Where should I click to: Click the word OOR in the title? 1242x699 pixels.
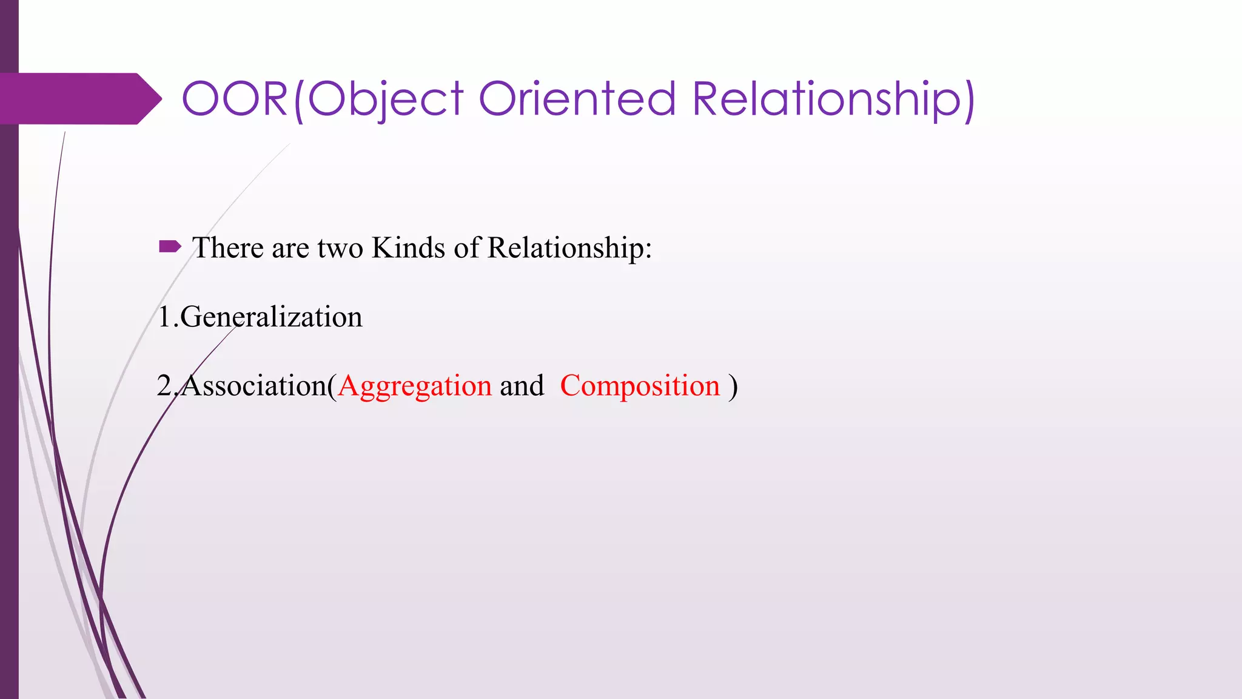pyautogui.click(x=235, y=99)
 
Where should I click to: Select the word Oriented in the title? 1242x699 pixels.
pyautogui.click(x=577, y=99)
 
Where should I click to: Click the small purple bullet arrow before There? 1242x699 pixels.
pyautogui.click(x=170, y=246)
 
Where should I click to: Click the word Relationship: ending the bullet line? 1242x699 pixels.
pyautogui.click(x=569, y=248)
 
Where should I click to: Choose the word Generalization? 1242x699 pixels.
pyautogui.click(x=271, y=317)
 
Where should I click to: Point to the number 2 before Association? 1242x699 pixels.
pyautogui.click(x=164, y=386)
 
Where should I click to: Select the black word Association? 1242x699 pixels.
pyautogui.click(x=255, y=386)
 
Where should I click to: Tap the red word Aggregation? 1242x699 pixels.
pyautogui.click(x=415, y=386)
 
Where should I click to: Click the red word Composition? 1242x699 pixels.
pyautogui.click(x=640, y=386)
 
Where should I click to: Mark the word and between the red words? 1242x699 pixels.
pyautogui.click(x=522, y=386)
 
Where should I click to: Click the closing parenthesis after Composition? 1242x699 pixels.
pyautogui.click(x=733, y=386)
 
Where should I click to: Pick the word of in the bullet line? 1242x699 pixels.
pyautogui.click(x=466, y=248)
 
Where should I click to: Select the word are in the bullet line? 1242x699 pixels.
pyautogui.click(x=290, y=248)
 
